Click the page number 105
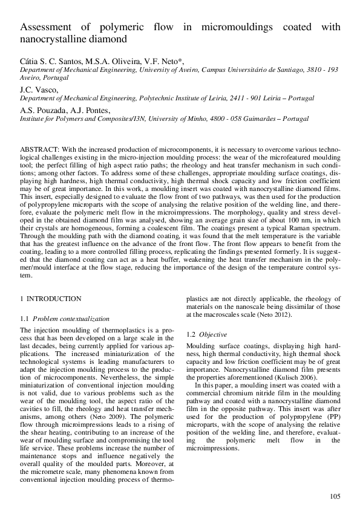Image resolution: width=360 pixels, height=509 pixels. [335, 496]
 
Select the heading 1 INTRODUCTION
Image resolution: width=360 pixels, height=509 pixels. [51, 299]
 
